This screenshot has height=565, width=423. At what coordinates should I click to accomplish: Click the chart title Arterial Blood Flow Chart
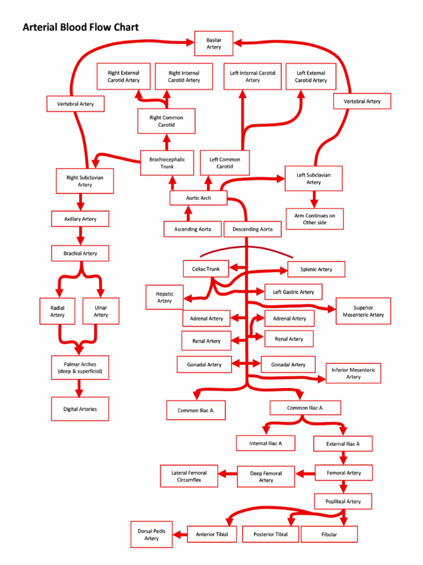[80, 27]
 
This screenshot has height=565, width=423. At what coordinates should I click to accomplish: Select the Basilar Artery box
[214, 44]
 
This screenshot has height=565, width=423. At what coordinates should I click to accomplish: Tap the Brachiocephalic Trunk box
[167, 163]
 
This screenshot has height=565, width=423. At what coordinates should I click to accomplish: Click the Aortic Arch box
[198, 198]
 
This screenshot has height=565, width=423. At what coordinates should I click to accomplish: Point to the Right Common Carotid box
[166, 121]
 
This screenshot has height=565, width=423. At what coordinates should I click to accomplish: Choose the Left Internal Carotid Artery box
[252, 77]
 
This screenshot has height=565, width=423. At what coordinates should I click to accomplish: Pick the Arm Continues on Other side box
[314, 219]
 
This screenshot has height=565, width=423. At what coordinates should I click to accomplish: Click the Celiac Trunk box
[205, 269]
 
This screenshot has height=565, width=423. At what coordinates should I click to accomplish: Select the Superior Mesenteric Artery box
[363, 311]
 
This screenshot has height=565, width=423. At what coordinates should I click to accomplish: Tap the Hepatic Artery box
[164, 297]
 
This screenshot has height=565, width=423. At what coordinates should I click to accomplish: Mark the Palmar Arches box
[80, 368]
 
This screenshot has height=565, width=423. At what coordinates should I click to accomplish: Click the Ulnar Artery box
[100, 311]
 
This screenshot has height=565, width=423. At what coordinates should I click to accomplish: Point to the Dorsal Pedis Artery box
[151, 534]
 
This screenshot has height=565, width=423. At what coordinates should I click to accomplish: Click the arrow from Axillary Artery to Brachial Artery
[80, 236]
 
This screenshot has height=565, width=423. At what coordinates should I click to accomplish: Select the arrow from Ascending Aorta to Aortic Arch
[188, 213]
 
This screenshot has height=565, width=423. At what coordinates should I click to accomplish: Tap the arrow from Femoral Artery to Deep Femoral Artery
[305, 473]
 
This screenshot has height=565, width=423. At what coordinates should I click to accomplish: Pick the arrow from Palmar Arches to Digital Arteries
[79, 388]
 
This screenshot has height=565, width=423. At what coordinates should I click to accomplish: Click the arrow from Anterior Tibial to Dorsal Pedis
[180, 534]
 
